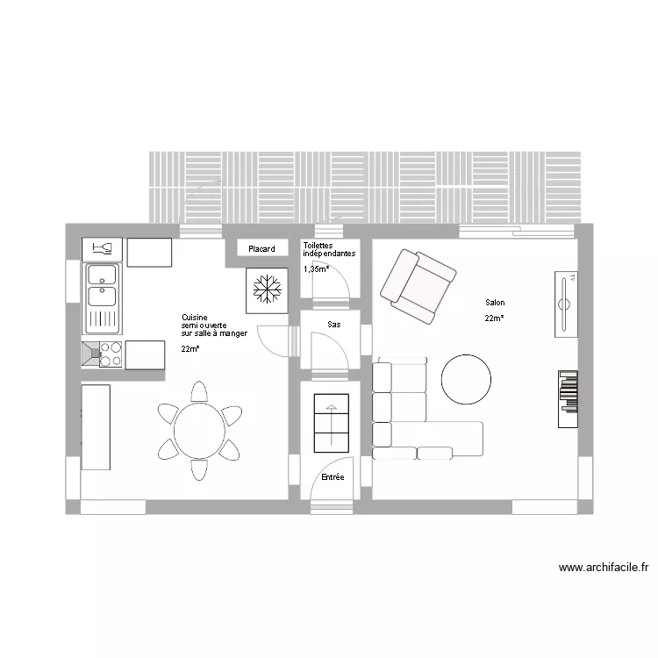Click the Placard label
[x=261, y=249]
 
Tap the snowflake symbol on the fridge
[x=267, y=289]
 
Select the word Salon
[x=495, y=302]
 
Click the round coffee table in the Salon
[x=466, y=379]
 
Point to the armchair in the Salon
[x=418, y=287]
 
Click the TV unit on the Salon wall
[x=566, y=304]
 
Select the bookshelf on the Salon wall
[x=568, y=399]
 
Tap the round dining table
[x=199, y=431]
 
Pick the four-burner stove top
[x=111, y=354]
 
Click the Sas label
[x=334, y=325]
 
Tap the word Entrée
[x=333, y=476]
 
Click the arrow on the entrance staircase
[x=332, y=425]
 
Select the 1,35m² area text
[x=317, y=269]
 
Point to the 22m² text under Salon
[x=494, y=318]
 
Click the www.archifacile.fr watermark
[x=604, y=568]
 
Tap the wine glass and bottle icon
[x=103, y=248]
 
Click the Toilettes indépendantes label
[x=329, y=249]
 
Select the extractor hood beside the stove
[x=90, y=354]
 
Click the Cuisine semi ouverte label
[x=214, y=325]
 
